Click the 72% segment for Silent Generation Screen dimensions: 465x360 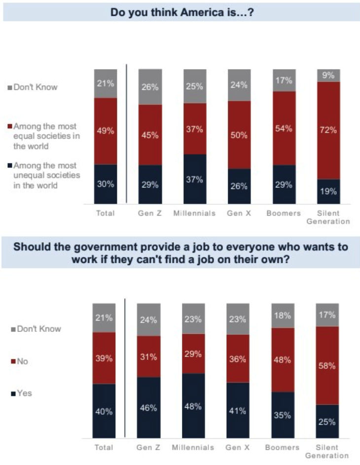click(328, 130)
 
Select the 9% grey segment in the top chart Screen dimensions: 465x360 click(328, 75)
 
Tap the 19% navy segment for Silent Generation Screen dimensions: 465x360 click(328, 191)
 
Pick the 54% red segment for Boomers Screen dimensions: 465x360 click(284, 128)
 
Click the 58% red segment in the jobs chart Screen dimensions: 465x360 click(327, 365)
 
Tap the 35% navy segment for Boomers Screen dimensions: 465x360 click(283, 415)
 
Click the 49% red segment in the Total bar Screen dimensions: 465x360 click(106, 131)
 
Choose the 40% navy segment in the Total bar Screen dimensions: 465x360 click(104, 410)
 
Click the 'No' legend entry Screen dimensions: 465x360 click(22, 361)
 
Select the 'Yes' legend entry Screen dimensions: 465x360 click(24, 393)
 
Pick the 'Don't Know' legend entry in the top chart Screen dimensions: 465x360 click(35, 87)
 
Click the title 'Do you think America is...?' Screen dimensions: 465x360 click(181, 11)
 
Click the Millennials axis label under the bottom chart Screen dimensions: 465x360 click(193, 447)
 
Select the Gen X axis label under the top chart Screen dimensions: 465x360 click(239, 214)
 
